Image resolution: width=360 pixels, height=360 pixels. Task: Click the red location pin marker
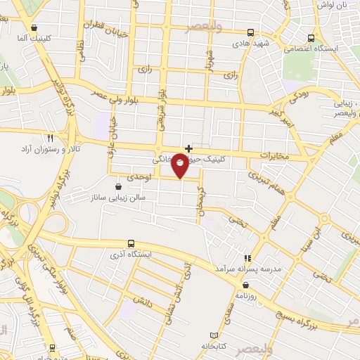(x=181, y=165)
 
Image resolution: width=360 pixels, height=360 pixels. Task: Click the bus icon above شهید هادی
(x=251, y=32)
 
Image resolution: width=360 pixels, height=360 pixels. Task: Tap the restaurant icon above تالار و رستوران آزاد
(x=50, y=138)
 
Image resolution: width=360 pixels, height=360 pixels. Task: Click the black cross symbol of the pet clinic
(x=188, y=148)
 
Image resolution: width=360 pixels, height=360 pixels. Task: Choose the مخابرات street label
(x=274, y=155)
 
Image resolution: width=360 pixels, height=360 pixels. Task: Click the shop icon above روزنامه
(x=245, y=285)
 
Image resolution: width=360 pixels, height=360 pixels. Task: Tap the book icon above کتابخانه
(x=214, y=335)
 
